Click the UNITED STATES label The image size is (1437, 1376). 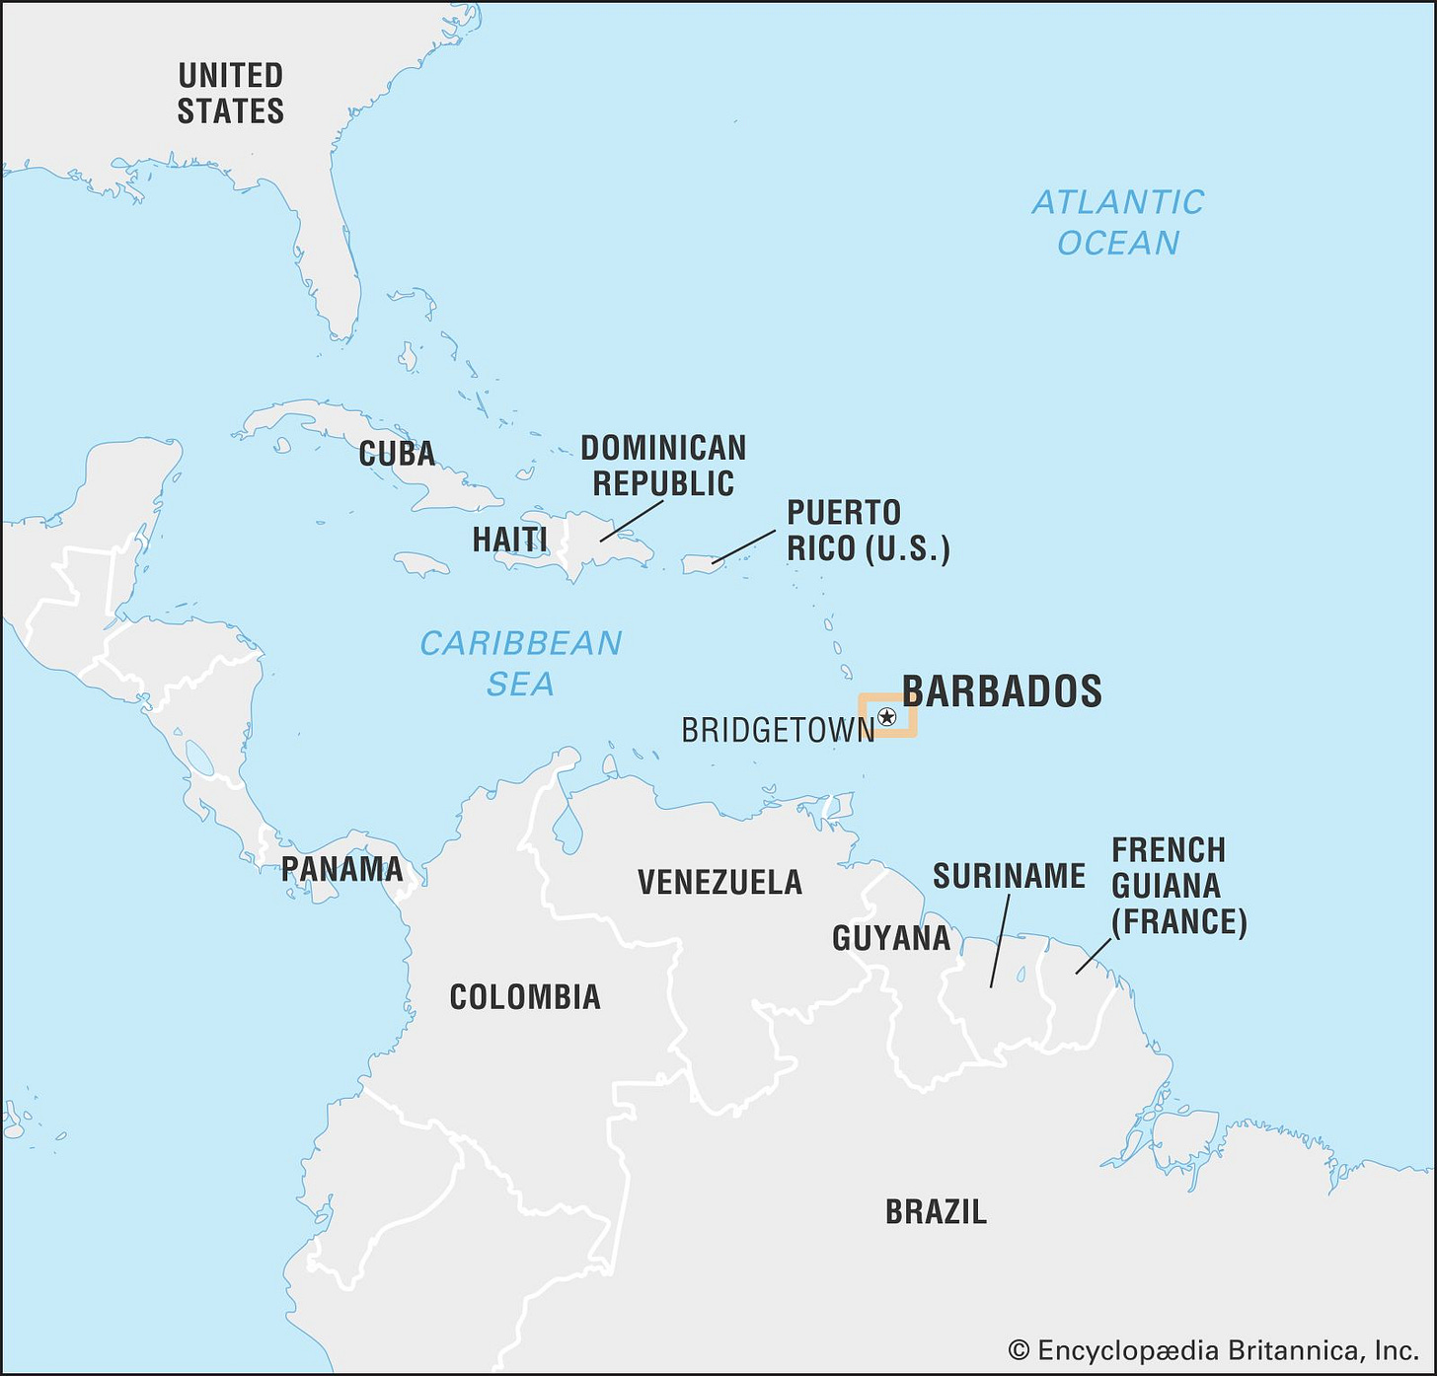230,93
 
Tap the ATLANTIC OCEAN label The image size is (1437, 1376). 1118,222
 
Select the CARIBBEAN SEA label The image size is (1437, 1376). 520,663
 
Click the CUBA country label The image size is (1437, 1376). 397,454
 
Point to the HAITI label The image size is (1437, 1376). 509,540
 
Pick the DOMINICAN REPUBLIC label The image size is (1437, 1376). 662,466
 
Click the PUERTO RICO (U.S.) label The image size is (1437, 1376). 868,531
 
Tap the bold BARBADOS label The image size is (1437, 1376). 1002,690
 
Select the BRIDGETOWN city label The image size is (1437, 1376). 778,730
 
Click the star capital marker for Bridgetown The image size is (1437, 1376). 886,717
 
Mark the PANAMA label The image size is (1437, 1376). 341,869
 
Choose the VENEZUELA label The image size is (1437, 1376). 719,882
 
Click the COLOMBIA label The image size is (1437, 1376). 524,997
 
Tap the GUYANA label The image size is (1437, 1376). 891,938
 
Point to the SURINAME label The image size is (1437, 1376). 1009,876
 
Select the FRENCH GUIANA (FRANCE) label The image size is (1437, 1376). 1178,886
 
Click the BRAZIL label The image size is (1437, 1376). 935,1211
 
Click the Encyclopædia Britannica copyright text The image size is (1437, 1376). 1213,1350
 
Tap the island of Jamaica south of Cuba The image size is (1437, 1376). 421,564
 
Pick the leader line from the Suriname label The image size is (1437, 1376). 999,942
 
